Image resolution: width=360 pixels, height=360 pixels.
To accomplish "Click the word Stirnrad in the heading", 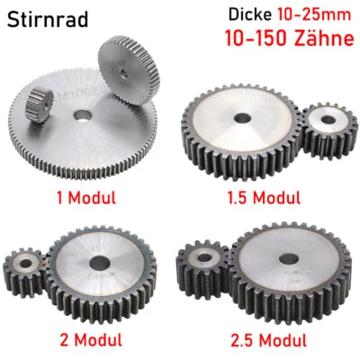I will pos(46,20).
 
